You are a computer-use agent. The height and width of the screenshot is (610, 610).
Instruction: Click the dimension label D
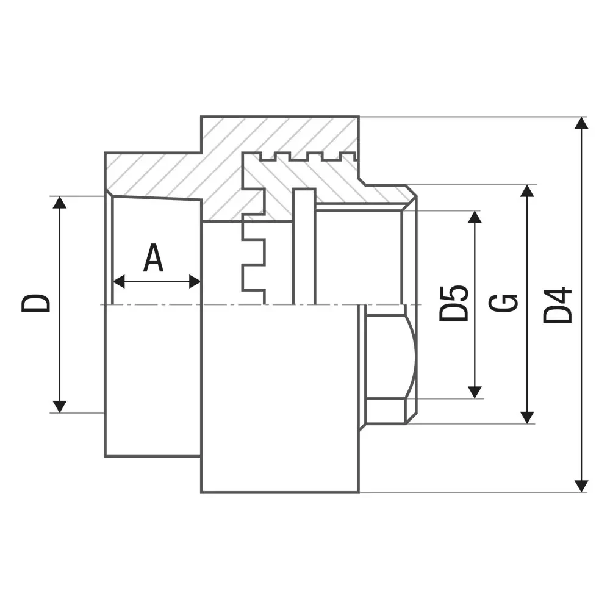click(x=36, y=303)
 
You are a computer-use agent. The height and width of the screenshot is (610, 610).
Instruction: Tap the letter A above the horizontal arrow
click(x=154, y=258)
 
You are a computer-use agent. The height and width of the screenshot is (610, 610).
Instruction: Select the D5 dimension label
click(x=454, y=303)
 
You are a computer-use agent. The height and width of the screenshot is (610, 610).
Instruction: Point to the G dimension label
click(x=504, y=303)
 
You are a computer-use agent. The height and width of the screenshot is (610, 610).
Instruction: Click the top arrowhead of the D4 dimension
click(x=582, y=123)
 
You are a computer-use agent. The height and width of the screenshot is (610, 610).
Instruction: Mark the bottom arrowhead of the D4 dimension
click(x=582, y=486)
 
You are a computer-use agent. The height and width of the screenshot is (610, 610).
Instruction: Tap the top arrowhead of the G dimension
click(x=528, y=191)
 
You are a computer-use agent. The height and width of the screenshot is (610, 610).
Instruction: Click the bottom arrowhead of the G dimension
click(x=528, y=417)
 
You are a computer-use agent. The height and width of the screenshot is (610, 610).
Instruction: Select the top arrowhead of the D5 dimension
click(x=475, y=217)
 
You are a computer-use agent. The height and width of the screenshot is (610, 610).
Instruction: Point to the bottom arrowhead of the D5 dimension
click(x=475, y=392)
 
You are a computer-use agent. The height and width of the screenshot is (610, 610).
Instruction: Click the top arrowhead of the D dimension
click(x=60, y=203)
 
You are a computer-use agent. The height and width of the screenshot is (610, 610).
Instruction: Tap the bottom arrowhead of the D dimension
click(x=60, y=406)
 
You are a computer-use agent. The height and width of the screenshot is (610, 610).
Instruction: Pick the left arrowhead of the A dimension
click(x=120, y=282)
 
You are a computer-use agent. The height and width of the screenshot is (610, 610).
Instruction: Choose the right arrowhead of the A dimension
click(x=195, y=282)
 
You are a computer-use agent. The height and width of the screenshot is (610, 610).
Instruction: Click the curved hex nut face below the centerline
click(x=390, y=357)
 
